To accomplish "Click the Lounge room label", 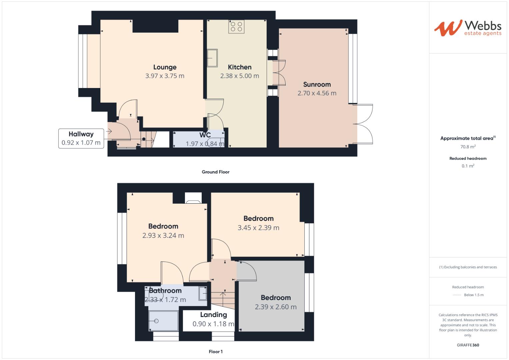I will [x=165, y=67].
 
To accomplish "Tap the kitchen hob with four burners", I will [x=236, y=27].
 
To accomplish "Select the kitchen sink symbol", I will [x=212, y=58].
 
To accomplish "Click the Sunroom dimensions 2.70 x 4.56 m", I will [x=317, y=93].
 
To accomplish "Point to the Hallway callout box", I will [x=81, y=138].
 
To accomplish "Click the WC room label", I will [x=205, y=135].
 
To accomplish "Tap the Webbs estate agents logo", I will [x=468, y=28].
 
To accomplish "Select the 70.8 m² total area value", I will [x=468, y=147].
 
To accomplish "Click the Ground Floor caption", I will [x=215, y=172].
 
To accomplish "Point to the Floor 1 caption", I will [x=215, y=352].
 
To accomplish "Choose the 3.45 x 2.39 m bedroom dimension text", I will [x=258, y=228].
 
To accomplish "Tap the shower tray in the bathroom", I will [x=163, y=321].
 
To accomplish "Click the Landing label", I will [x=213, y=315].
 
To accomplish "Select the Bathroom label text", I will [x=165, y=291].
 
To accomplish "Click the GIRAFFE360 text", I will [x=468, y=345].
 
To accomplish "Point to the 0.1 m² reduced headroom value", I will [x=468, y=166].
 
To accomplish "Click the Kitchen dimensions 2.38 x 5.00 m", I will [x=239, y=76].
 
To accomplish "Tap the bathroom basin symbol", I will [x=203, y=293].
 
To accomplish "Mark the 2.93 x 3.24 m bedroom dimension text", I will [x=163, y=236].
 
